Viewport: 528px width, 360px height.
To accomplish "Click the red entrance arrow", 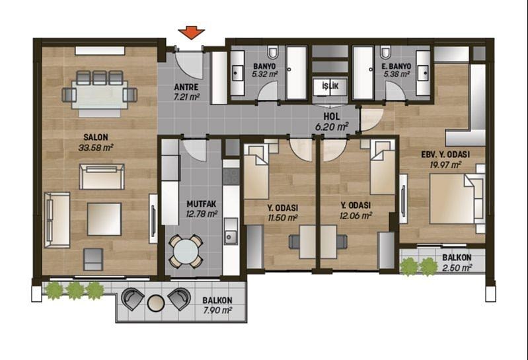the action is (x=191, y=34).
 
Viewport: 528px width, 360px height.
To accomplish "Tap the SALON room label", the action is (x=96, y=137).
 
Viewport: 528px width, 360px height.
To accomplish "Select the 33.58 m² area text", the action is (x=96, y=147).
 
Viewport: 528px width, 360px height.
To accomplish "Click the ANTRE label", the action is (x=186, y=87).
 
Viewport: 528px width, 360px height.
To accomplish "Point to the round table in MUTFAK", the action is (x=186, y=251).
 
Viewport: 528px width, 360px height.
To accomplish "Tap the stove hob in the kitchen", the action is (x=231, y=176).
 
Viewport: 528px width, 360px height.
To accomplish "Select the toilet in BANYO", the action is (x=272, y=52).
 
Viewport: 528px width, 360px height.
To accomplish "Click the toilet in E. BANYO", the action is (x=386, y=52).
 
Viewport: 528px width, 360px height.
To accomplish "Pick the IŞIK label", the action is (x=330, y=86).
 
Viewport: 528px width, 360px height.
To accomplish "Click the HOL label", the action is (x=332, y=117).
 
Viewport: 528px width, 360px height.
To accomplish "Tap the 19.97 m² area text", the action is (x=445, y=164).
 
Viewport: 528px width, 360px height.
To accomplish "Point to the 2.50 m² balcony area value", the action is (x=457, y=268).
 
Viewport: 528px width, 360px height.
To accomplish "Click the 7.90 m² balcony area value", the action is (x=217, y=310).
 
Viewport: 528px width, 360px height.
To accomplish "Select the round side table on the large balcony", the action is (x=155, y=303).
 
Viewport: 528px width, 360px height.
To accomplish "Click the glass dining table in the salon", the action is (x=100, y=94).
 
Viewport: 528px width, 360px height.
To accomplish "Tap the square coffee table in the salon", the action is (x=104, y=219).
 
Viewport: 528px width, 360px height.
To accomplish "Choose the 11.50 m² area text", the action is (x=283, y=218).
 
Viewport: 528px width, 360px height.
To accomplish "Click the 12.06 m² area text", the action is (x=356, y=215).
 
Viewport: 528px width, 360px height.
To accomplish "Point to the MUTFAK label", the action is (x=202, y=204).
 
